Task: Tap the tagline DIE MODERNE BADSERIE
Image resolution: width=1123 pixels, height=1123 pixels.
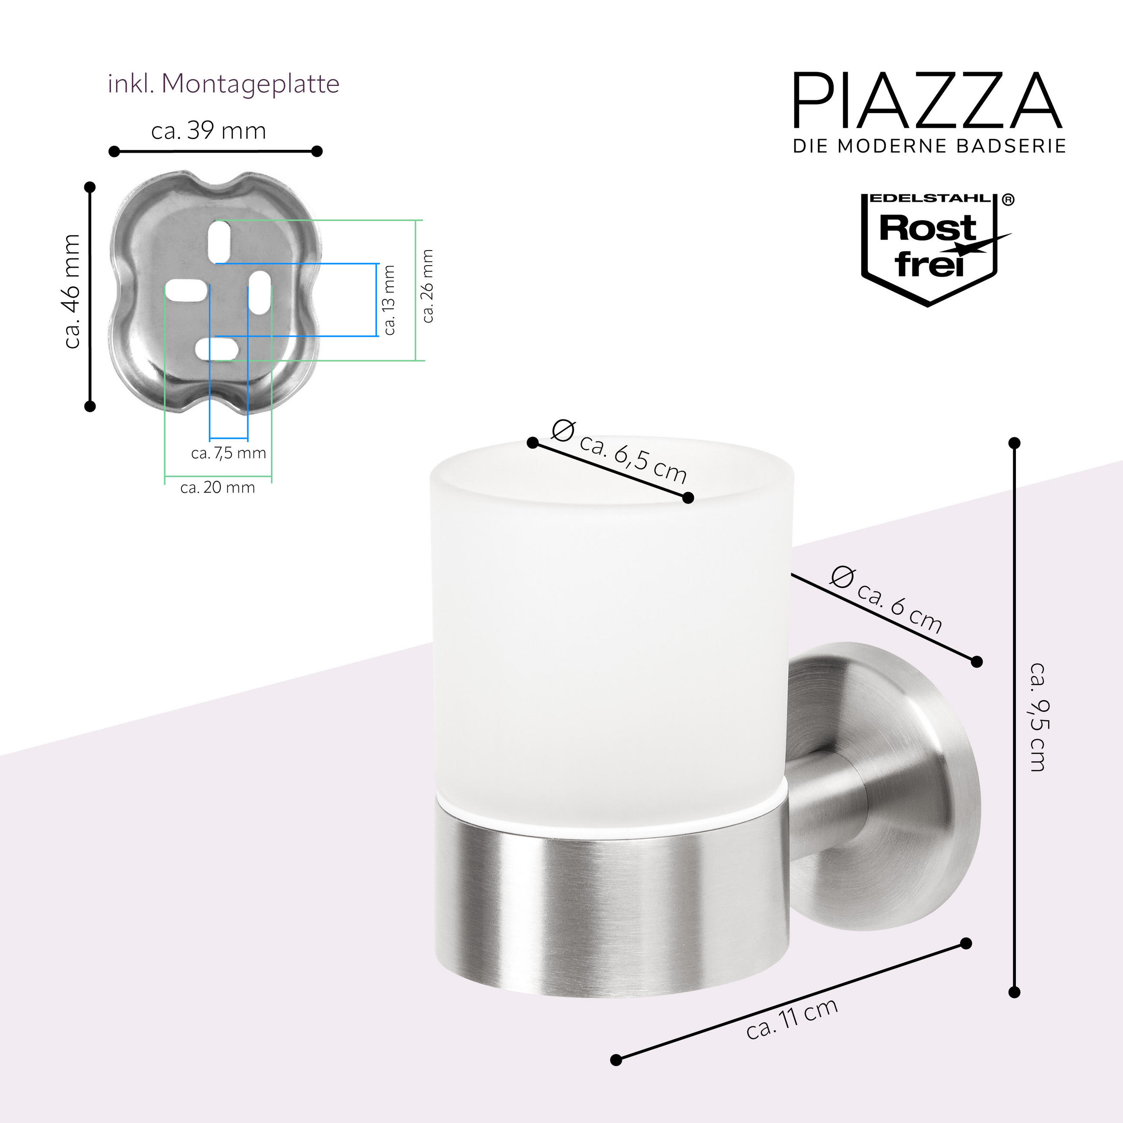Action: (929, 146)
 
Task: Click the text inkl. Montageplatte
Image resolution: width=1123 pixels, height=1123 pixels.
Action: (224, 84)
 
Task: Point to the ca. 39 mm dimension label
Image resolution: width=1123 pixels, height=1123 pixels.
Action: (209, 131)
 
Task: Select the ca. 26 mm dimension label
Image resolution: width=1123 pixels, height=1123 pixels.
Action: (428, 286)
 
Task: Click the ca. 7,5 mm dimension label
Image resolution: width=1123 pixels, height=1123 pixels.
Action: (228, 453)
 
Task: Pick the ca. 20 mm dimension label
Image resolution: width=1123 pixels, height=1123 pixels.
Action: (217, 487)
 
